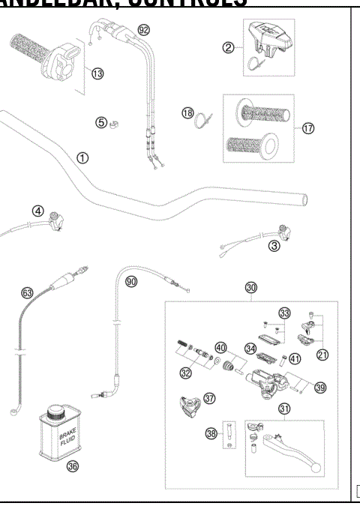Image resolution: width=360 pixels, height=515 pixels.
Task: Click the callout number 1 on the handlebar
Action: tap(82, 158)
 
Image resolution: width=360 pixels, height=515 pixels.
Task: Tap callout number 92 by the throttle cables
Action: tap(144, 31)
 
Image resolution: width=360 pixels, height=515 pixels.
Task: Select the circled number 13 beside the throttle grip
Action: tap(97, 73)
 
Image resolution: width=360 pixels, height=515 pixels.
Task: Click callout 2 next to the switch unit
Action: tap(228, 48)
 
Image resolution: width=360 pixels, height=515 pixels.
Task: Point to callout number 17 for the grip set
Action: tap(308, 128)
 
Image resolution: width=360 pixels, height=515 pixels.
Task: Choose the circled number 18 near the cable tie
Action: tap(187, 113)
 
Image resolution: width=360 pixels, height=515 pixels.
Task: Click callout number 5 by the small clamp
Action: tap(101, 123)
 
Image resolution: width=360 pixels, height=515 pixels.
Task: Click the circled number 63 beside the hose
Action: tap(27, 292)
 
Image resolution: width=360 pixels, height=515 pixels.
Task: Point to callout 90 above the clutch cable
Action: tap(131, 282)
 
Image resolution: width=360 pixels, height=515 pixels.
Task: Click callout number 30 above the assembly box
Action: tap(251, 287)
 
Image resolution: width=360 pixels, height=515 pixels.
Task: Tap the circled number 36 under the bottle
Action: tap(72, 466)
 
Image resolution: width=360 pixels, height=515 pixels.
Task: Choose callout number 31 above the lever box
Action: tap(284, 409)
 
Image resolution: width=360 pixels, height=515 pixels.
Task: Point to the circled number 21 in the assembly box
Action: tap(322, 355)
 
